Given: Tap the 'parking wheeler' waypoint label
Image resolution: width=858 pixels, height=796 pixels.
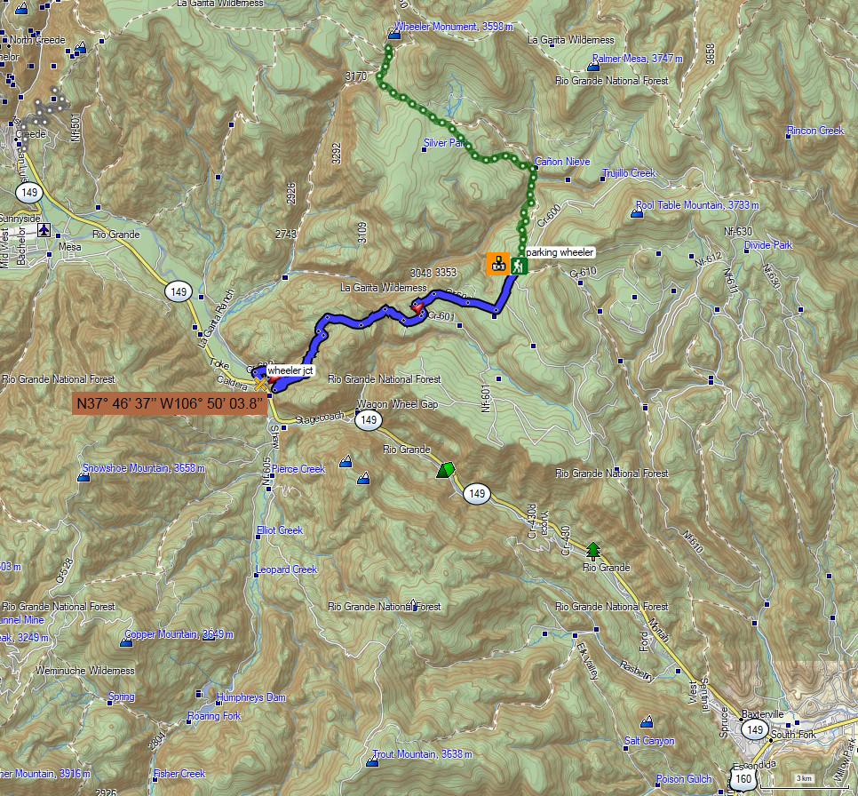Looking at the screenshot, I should tap(559, 252).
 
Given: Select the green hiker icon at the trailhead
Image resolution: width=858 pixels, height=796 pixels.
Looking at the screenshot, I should tap(516, 264).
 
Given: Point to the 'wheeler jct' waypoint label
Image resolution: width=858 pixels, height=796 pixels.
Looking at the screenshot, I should tap(290, 370).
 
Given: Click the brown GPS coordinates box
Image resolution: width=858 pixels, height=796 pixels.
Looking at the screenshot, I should tap(170, 403).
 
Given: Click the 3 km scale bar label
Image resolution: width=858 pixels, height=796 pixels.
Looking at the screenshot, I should tap(804, 778).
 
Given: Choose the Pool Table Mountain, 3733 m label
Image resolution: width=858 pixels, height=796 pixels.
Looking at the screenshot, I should tap(698, 205).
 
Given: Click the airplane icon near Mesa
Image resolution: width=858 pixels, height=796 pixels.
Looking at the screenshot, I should tap(44, 230).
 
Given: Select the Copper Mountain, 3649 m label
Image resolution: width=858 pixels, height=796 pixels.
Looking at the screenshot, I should tap(179, 634).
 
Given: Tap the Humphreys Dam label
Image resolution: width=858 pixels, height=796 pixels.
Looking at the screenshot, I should tap(251, 697).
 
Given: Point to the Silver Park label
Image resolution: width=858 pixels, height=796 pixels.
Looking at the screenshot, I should tap(445, 142).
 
